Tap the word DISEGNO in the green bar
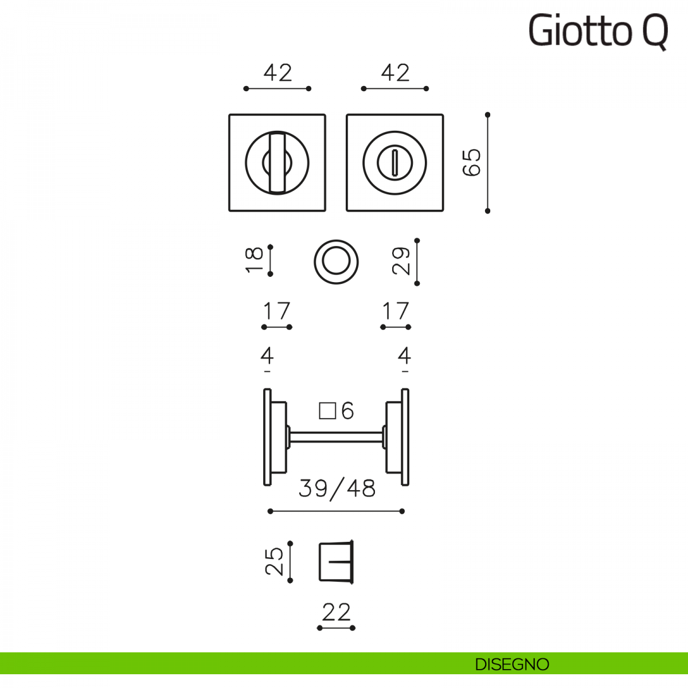point(512,664)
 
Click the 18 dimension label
point(255,260)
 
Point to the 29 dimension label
point(401,261)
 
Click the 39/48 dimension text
point(337,488)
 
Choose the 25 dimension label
point(275,561)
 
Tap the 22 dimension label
point(336,612)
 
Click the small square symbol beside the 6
point(327,411)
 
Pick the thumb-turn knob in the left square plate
point(277,163)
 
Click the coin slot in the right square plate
point(394,163)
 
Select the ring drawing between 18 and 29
point(336,261)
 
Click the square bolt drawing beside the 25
point(336,561)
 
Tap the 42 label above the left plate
point(277,73)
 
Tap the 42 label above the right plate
point(395,73)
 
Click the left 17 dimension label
point(277,311)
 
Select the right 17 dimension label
point(396,311)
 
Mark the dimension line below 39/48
point(336,511)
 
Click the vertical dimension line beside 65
point(487,163)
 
